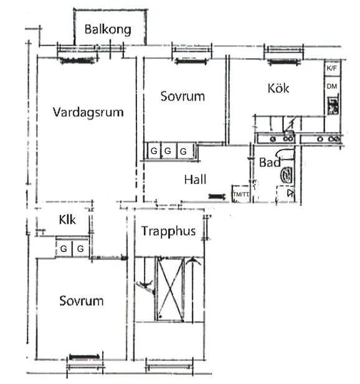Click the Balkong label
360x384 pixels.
click(x=108, y=29)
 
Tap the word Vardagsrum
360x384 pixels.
click(x=88, y=113)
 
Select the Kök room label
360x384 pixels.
click(x=278, y=89)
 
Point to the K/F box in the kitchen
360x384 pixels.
click(x=331, y=67)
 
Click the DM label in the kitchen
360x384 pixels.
click(x=332, y=86)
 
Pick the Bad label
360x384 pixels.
click(x=269, y=163)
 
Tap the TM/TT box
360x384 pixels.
click(x=240, y=194)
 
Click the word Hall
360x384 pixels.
click(x=195, y=180)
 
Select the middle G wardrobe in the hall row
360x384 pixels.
click(x=168, y=151)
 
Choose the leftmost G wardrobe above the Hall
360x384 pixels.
click(x=153, y=151)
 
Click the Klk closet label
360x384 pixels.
click(x=67, y=220)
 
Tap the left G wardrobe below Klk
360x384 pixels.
click(x=64, y=249)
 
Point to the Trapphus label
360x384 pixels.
click(x=168, y=231)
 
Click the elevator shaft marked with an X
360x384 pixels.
click(x=171, y=289)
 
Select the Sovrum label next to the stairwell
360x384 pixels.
click(x=81, y=301)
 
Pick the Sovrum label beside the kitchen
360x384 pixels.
click(x=182, y=97)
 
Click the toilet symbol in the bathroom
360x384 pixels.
click(x=288, y=175)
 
